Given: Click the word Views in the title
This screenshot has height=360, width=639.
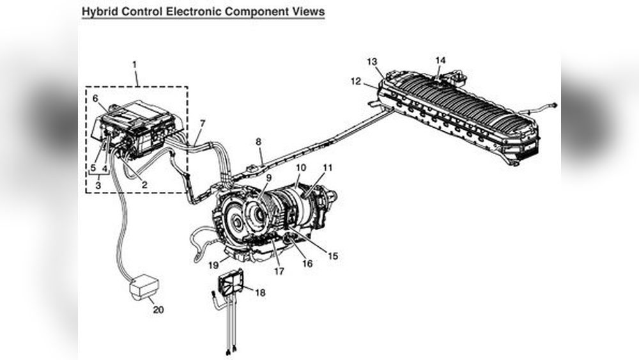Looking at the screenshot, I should coord(308,12).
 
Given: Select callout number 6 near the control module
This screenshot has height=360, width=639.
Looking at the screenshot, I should coord(95,98).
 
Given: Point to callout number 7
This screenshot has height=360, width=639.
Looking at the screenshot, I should coord(203,123).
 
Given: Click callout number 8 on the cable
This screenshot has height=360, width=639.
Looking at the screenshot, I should coord(259,142).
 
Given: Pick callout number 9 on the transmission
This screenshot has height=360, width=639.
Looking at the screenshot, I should coord(269,177).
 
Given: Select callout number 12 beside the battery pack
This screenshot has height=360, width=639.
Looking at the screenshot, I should coord(356,81).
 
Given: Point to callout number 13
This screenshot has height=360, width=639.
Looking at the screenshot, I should coord(373,61).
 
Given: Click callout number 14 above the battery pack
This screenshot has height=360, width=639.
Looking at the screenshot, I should coord(440,60).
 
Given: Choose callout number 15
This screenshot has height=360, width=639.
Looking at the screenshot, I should coord(332,256).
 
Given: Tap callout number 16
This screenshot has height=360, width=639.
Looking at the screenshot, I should coord(307,263).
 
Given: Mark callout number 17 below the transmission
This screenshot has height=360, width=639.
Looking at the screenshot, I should coord(279,270).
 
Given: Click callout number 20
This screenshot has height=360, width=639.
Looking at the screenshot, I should coord(158,310).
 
